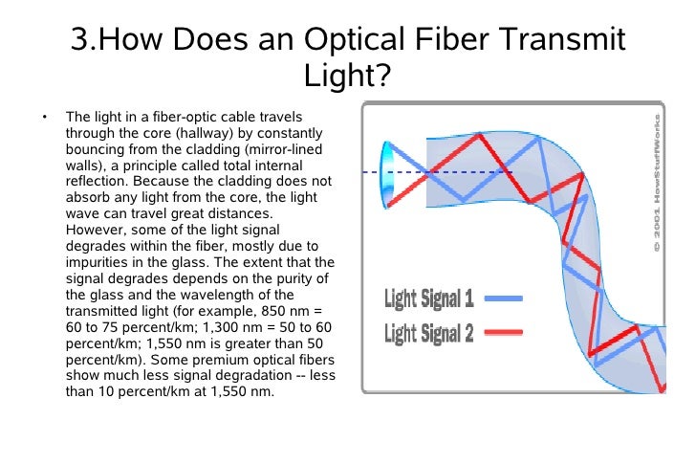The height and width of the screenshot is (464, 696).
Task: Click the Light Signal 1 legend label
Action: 428,299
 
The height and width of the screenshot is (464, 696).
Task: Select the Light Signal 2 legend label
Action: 428,333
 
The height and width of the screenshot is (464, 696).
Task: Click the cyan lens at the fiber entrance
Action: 388,172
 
